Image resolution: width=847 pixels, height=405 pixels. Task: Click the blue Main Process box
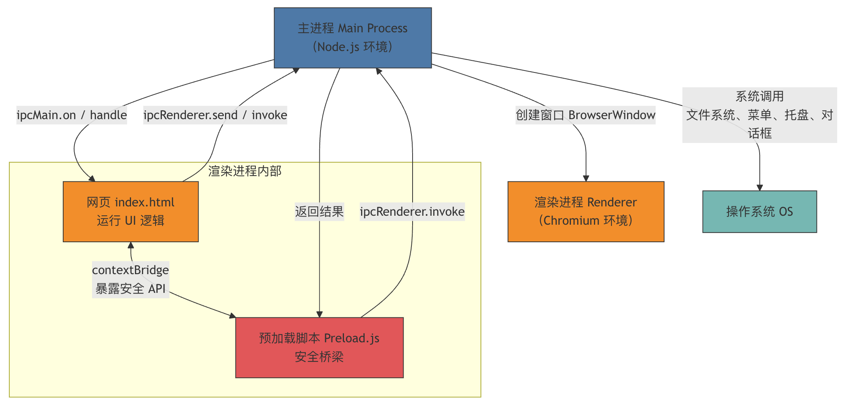pos(353,38)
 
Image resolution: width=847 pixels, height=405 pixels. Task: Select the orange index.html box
pos(131,211)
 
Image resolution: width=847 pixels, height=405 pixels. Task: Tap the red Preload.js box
pos(319,347)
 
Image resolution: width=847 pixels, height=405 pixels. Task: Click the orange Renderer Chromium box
pos(586,211)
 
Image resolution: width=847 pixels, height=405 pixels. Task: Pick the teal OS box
pos(759,211)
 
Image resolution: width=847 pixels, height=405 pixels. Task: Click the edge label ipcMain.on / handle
pos(72,115)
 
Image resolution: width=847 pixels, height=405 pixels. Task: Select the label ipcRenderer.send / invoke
pos(215,115)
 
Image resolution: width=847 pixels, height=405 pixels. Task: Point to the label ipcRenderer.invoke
pos(412,211)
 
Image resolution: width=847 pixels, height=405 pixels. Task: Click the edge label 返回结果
pos(319,211)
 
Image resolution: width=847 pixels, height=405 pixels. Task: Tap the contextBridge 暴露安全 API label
pos(131,279)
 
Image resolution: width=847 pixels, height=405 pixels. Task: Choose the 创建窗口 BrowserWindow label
pos(585,115)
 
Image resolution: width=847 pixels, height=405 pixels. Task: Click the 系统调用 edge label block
pos(759,115)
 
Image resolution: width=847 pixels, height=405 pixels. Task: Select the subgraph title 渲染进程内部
pos(245,171)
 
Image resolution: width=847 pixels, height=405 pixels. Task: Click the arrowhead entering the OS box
pos(760,188)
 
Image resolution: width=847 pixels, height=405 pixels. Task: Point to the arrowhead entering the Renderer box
pos(586,178)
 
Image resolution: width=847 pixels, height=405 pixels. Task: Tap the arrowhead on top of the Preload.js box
pos(319,315)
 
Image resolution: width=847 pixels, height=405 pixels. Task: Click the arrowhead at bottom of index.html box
pos(131,245)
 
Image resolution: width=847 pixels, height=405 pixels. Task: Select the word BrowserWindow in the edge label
pos(612,115)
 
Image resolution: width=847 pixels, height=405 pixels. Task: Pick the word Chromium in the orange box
pos(571,220)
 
